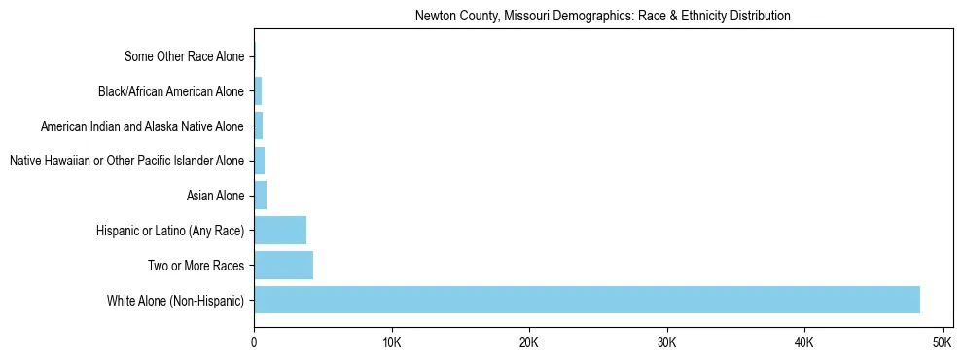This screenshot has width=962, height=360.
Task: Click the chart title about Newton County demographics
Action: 602,17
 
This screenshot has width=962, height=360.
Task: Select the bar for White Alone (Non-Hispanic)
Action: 587,300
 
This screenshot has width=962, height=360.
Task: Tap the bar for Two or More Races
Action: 283,266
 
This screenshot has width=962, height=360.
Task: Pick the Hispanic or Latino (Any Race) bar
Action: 280,231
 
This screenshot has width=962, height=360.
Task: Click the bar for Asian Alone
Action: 260,196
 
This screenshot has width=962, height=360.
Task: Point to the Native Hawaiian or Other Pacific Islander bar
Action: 259,161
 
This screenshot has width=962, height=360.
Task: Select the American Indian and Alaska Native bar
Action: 258,126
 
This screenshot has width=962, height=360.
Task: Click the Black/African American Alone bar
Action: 258,91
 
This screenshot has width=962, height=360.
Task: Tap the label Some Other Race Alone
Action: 184,57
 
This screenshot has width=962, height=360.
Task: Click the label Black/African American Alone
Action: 171,92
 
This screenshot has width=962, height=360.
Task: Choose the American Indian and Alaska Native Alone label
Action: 142,126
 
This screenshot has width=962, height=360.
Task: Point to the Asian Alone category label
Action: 215,197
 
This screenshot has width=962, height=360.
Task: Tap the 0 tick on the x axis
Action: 254,342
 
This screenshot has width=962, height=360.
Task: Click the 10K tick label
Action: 391,342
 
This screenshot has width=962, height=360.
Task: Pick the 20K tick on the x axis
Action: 529,342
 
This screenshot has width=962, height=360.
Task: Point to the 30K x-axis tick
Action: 666,342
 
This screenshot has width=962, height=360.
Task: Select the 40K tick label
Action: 804,342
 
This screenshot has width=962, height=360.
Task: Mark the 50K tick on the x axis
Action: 942,342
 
